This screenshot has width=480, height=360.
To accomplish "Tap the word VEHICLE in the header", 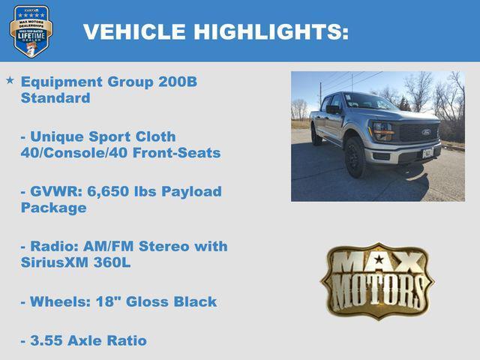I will [x=134, y=31].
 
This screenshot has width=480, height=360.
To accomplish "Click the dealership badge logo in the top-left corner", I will [x=31, y=31].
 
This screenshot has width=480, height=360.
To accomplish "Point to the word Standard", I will [x=55, y=98].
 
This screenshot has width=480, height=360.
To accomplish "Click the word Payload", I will [x=190, y=191].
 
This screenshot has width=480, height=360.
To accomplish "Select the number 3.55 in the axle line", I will [x=42, y=340].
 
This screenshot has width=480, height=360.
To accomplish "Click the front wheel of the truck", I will [x=355, y=157].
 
